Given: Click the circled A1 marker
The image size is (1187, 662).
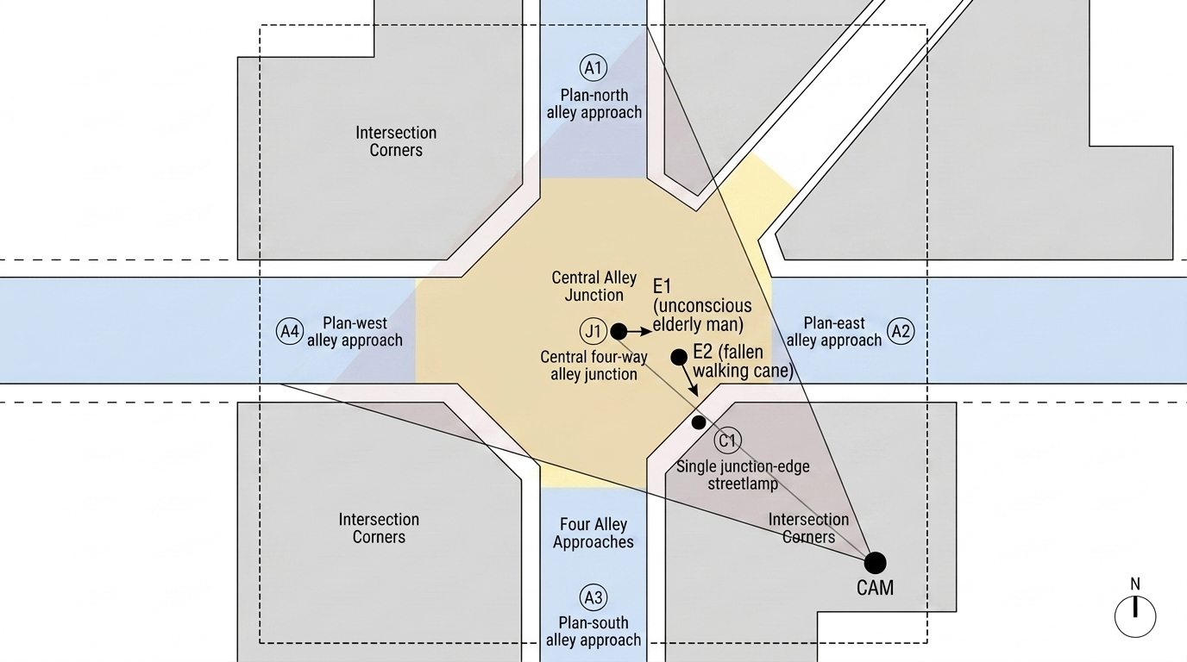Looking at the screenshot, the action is point(593,68).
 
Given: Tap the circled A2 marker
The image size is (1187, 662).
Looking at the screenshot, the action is point(901,332).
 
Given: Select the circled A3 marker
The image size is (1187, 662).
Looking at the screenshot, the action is point(593,597).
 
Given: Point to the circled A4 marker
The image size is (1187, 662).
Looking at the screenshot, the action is point(290,332).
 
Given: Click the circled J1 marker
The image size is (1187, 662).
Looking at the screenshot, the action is point(593,332).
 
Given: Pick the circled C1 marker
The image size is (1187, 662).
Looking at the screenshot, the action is point(727,440).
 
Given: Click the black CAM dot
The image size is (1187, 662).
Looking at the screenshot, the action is point(875,562).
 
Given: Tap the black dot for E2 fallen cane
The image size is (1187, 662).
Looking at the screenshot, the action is point(679,358).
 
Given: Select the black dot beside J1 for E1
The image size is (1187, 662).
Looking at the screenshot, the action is point(619,332).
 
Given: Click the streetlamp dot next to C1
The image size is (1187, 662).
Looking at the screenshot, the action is point(699,422).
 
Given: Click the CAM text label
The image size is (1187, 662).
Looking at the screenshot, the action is point(875,588).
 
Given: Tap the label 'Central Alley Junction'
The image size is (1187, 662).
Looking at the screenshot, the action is point(593,286).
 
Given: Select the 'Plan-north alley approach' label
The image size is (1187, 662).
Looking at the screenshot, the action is point(594,103).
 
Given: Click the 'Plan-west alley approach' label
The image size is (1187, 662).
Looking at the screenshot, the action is point(355,332).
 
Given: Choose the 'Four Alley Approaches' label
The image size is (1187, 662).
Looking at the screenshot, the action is point(593,533).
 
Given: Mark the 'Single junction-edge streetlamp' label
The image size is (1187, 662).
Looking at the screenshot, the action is point(743,475).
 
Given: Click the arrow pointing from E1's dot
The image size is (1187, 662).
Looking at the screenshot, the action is point(639,332).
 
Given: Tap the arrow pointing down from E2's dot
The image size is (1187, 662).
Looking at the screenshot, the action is point(689,380).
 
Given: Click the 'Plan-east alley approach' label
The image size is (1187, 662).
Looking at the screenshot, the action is point(834,332).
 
